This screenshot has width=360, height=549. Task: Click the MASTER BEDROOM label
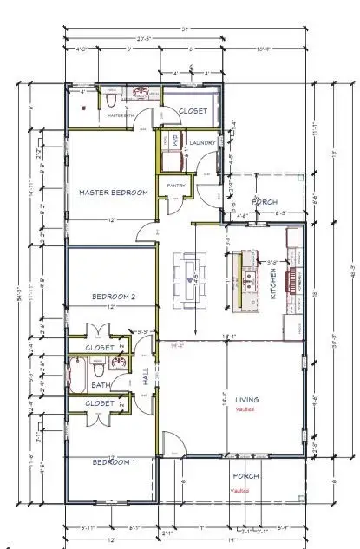[113, 192]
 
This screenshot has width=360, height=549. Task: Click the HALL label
[146, 378]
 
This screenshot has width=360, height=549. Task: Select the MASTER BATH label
[120, 114]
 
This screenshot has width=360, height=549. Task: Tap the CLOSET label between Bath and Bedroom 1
[100, 403]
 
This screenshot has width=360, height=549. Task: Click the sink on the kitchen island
[251, 279]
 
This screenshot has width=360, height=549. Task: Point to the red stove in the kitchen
[292, 279]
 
